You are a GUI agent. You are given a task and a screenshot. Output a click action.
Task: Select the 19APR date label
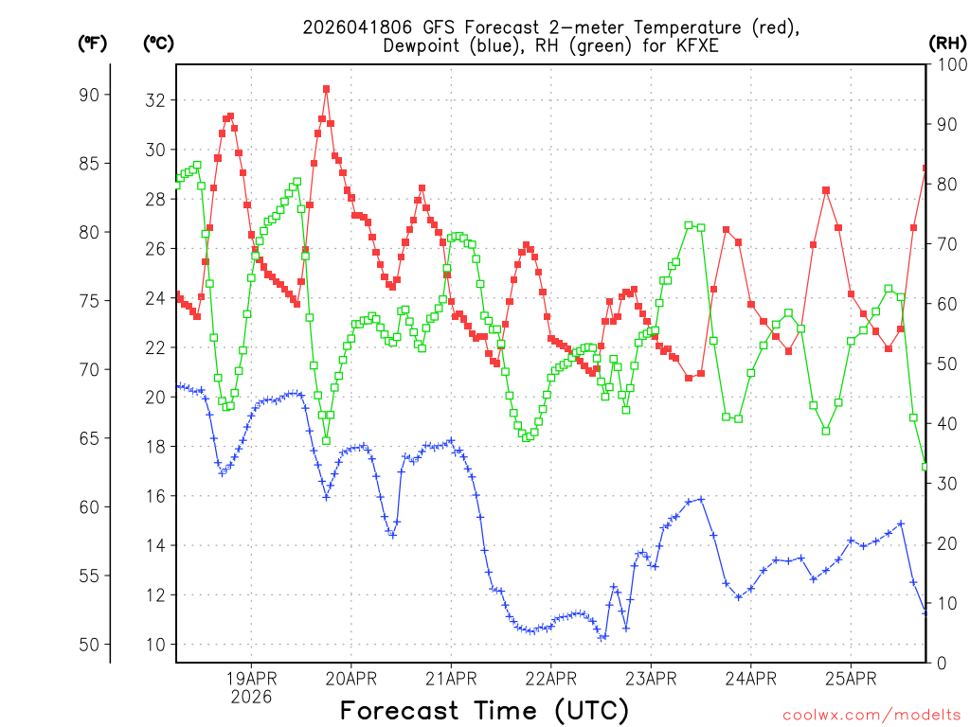251,678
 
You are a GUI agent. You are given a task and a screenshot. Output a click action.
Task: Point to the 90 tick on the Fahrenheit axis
93,95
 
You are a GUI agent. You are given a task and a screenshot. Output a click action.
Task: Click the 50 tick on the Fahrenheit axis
93,645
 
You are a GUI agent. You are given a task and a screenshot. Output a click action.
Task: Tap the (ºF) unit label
93,43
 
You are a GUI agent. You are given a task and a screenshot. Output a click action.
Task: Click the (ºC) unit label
158,43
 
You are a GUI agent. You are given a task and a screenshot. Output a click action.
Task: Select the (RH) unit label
946,43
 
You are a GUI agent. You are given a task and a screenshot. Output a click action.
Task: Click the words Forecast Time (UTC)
484,710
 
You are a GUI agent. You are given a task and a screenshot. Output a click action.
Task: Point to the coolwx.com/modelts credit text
871,715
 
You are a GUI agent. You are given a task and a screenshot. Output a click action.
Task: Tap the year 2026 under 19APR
251,697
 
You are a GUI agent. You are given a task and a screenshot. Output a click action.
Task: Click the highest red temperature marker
326,89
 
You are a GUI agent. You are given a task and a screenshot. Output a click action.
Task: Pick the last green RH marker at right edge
925,467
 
